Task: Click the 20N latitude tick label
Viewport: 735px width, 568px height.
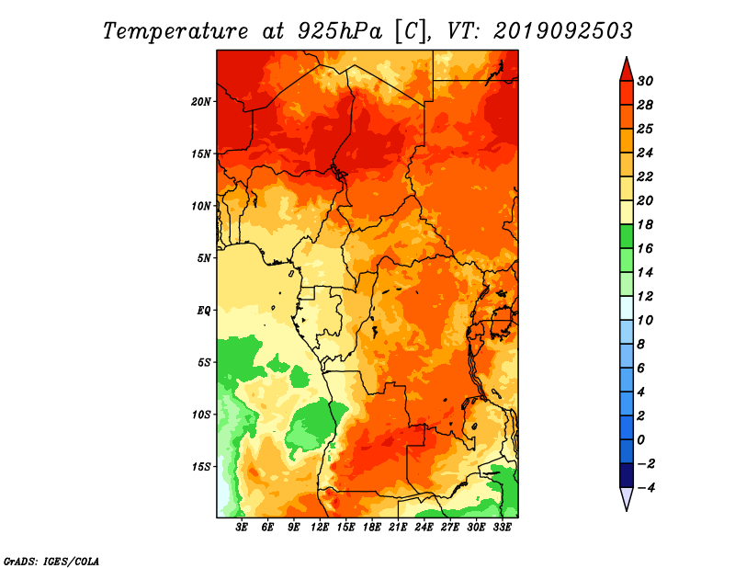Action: [201, 102]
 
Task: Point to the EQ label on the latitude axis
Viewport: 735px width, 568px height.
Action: [203, 311]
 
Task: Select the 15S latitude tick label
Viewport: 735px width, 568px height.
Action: [201, 467]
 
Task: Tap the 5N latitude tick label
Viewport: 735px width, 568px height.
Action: [204, 258]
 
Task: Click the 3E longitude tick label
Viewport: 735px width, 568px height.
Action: [242, 527]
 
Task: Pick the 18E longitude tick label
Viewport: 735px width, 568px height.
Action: [372, 527]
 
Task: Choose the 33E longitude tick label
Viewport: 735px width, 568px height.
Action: [502, 527]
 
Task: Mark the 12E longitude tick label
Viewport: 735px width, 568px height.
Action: [320, 527]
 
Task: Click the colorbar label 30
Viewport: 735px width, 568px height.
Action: [645, 81]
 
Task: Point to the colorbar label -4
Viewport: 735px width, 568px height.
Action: [645, 488]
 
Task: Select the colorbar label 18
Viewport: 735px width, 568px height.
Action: [645, 224]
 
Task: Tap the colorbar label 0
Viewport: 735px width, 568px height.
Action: [641, 440]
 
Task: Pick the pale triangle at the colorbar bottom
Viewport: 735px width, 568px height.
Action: [627, 496]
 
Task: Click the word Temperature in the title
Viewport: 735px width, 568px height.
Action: [175, 31]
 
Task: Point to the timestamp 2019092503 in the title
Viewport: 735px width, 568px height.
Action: [563, 31]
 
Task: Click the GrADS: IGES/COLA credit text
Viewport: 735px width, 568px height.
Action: [51, 561]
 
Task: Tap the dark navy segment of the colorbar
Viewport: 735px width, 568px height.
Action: [627, 475]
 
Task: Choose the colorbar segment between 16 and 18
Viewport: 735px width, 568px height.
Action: [627, 236]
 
